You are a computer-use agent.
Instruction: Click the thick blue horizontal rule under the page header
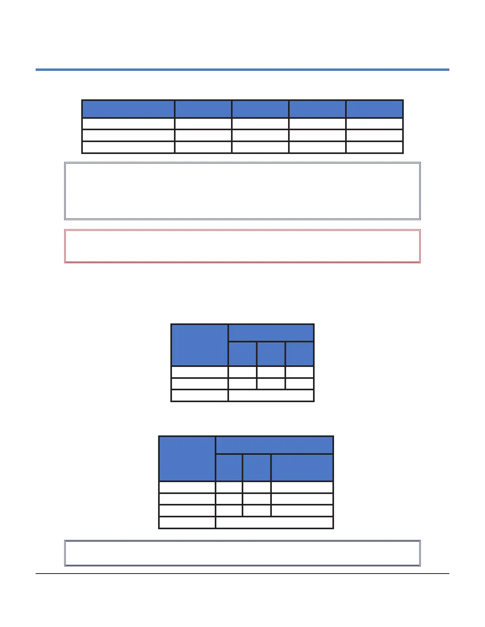242,70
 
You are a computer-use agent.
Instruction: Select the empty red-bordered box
242,246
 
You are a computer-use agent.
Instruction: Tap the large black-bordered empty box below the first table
242,191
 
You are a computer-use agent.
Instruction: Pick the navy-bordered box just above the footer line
242,553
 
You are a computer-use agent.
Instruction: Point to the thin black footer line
242,574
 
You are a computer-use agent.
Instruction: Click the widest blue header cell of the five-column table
128,109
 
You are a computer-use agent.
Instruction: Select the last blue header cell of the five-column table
374,109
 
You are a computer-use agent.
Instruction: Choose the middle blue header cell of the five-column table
260,109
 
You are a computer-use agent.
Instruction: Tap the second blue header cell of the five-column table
203,109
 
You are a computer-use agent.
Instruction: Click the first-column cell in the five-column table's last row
128,147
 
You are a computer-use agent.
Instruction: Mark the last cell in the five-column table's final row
374,147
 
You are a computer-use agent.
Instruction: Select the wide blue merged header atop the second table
271,333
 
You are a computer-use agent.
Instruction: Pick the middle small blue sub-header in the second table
271,354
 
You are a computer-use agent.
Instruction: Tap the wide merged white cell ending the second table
271,395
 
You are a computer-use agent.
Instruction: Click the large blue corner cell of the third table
187,459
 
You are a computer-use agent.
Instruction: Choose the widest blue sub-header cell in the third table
302,467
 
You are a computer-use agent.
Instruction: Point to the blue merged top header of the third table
274,445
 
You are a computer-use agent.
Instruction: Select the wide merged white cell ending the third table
274,522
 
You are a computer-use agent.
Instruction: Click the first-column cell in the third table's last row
187,522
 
